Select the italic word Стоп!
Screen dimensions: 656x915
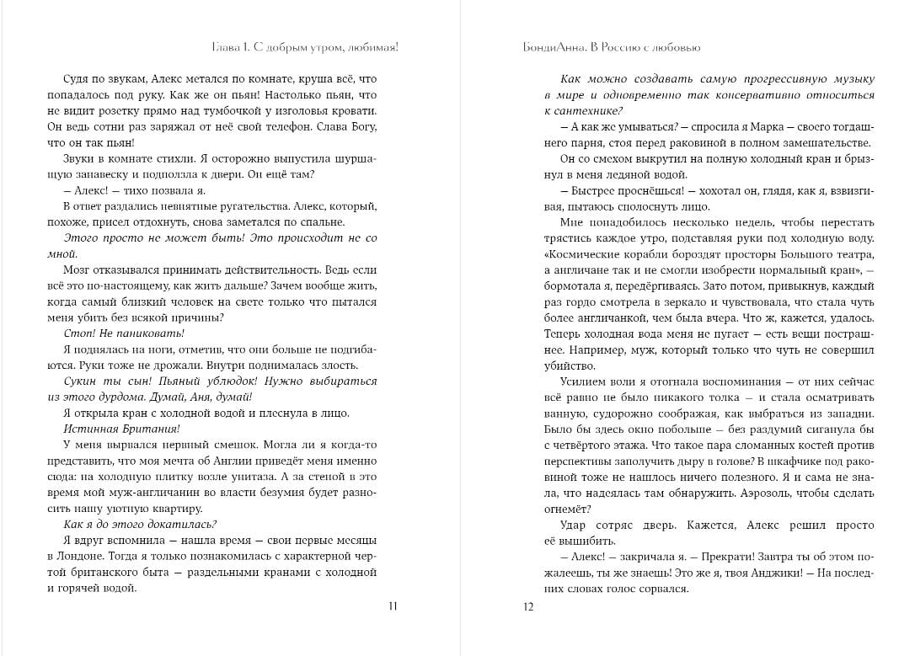[x=78, y=333]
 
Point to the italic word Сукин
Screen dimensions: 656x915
[x=81, y=381]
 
